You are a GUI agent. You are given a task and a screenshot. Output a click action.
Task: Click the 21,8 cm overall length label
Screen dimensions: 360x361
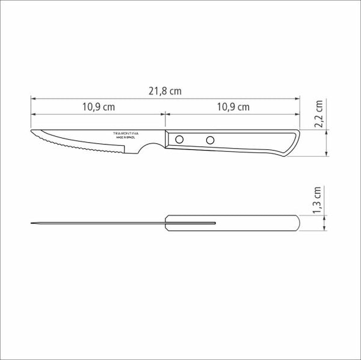(165, 91)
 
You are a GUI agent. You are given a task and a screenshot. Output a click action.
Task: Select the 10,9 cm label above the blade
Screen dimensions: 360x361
(98, 107)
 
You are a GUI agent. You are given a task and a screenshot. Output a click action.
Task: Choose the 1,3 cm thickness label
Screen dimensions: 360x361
(319, 201)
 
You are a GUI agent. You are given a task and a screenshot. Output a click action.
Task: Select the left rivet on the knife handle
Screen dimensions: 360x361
(179, 140)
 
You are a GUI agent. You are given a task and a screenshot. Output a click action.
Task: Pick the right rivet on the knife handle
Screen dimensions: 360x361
(210, 140)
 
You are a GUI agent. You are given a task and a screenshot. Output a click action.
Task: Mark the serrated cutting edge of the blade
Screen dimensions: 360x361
(78, 147)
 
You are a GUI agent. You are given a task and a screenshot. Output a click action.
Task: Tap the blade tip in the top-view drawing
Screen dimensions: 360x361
(32, 224)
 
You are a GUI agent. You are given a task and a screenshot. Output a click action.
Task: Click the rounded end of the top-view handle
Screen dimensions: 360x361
(297, 224)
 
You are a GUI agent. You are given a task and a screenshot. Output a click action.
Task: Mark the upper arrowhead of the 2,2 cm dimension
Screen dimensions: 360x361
(326, 131)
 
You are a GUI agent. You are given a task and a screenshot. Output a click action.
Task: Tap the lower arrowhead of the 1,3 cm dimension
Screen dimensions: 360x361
(326, 231)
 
